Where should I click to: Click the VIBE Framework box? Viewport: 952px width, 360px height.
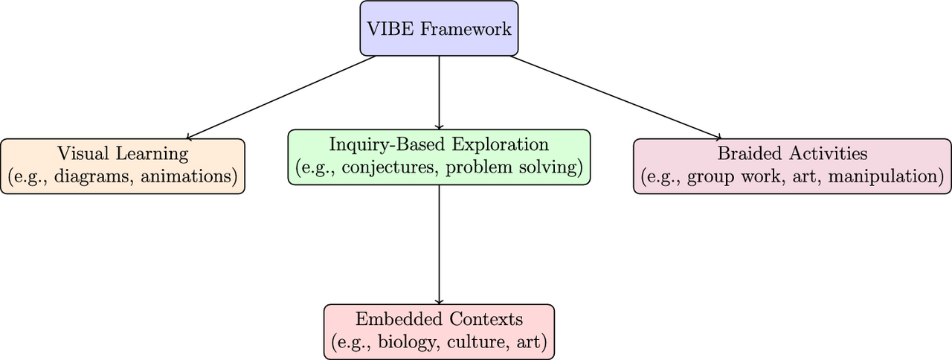[x=439, y=28]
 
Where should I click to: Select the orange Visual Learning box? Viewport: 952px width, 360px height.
[x=123, y=166]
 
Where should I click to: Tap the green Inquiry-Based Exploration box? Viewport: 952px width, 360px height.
[x=439, y=157]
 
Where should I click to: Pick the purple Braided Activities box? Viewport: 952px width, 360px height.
[x=792, y=166]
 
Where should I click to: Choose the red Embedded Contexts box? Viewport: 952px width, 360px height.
[x=439, y=332]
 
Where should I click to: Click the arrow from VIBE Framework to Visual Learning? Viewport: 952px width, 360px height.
[x=283, y=97]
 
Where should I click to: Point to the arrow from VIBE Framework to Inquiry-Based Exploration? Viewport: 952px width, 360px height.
[x=439, y=92]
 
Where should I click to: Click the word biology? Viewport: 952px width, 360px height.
[x=405, y=343]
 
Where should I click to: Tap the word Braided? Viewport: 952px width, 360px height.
[x=744, y=154]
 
